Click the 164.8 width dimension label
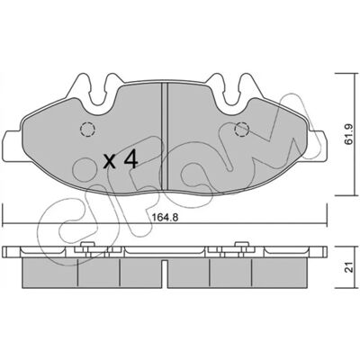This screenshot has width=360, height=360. click(164, 217)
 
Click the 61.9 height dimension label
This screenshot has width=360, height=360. click(349, 134)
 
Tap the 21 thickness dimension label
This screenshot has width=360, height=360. click(348, 265)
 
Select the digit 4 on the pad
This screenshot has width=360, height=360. click(130, 159)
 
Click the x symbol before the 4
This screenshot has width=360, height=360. click(109, 161)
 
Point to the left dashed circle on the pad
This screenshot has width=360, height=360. click(87, 130)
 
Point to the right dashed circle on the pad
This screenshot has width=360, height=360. click(242, 130)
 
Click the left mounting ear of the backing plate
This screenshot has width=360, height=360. click(12, 146)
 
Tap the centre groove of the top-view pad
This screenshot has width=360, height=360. click(165, 137)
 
